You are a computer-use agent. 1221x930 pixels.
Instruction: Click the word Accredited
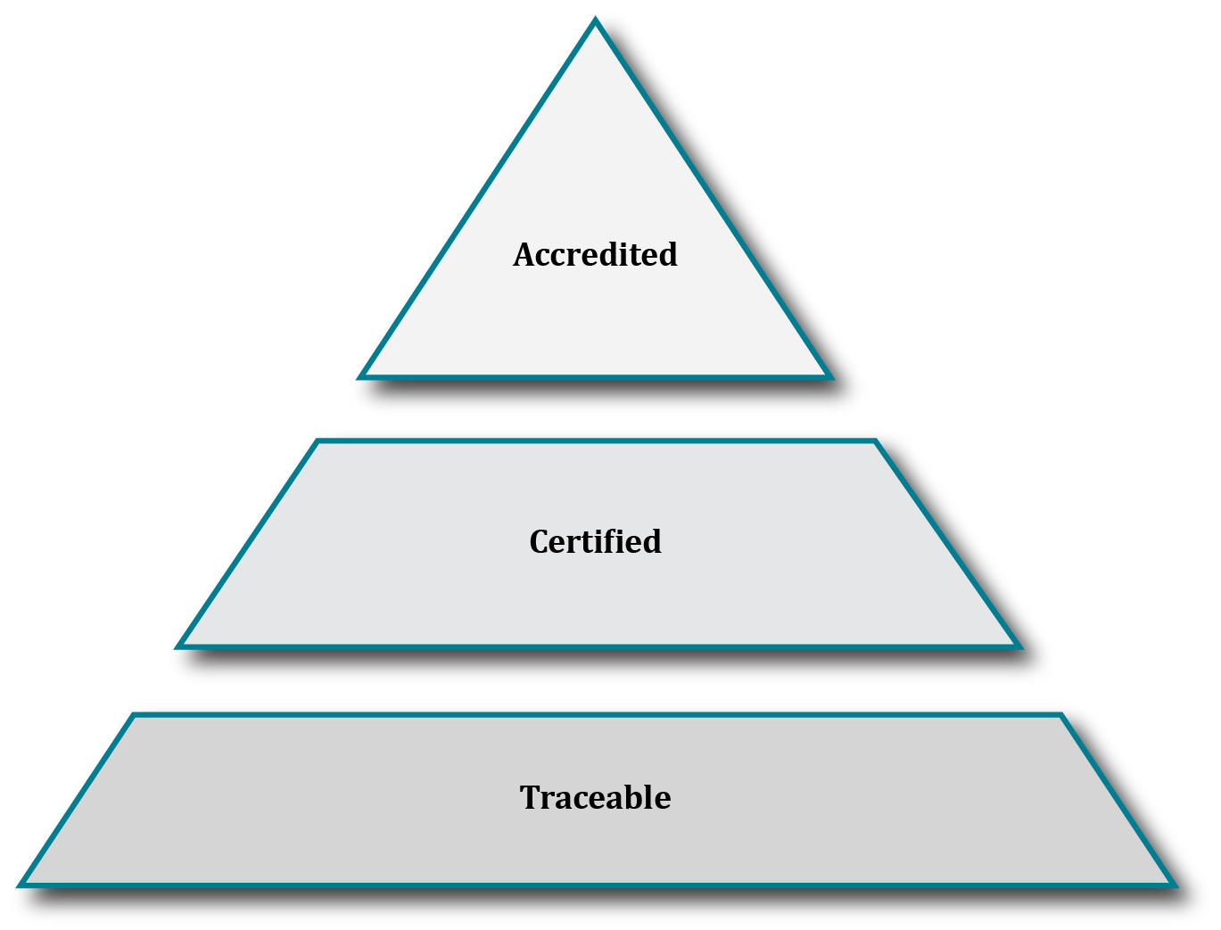(x=595, y=255)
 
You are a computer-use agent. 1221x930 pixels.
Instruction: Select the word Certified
(x=595, y=542)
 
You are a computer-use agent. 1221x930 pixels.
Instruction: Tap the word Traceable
(x=595, y=797)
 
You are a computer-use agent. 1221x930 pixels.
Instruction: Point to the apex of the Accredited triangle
(x=595, y=20)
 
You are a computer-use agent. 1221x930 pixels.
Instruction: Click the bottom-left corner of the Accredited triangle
(x=359, y=377)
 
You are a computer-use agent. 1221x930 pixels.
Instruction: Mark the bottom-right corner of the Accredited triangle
(x=831, y=377)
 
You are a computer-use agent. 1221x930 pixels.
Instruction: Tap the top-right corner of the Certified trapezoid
(x=876, y=440)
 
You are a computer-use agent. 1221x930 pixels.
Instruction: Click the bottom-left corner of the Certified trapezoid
(x=176, y=646)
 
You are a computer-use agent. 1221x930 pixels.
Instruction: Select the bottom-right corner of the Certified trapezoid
(x=1019, y=646)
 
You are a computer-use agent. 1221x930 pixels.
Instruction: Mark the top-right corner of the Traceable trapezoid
(x=1062, y=714)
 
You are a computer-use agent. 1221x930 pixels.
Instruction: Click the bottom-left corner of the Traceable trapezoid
(x=18, y=885)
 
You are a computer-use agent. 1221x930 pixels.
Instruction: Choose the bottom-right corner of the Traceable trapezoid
(x=1176, y=885)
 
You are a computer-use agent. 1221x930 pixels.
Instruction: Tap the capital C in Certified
(x=539, y=542)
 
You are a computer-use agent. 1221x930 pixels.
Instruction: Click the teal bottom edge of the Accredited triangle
(x=595, y=377)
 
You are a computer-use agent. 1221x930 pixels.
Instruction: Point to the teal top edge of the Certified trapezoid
(x=595, y=440)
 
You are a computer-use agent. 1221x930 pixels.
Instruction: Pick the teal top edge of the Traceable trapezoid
(x=595, y=714)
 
